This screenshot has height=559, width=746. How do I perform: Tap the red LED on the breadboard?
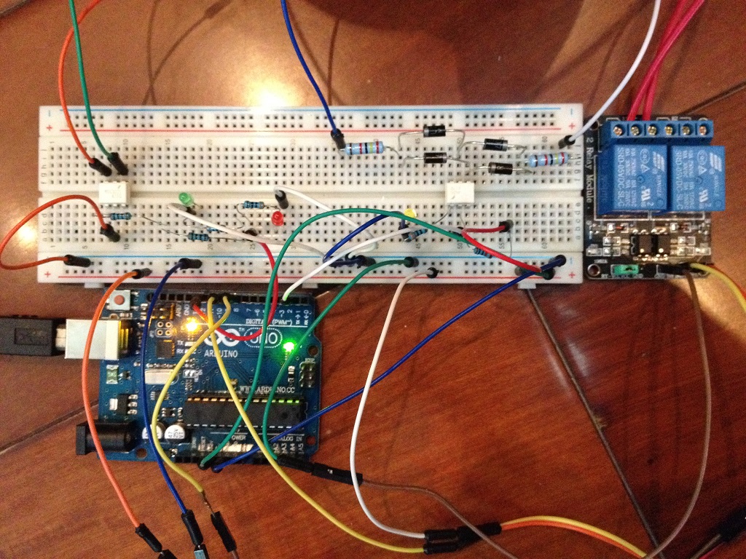[278, 218]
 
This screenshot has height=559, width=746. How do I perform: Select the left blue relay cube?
[632, 175]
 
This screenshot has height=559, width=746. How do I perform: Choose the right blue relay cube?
[697, 175]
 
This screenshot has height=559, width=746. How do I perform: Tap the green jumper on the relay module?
[624, 269]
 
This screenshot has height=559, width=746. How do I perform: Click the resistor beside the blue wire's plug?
[363, 148]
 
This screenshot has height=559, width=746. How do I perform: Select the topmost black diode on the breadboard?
[435, 131]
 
